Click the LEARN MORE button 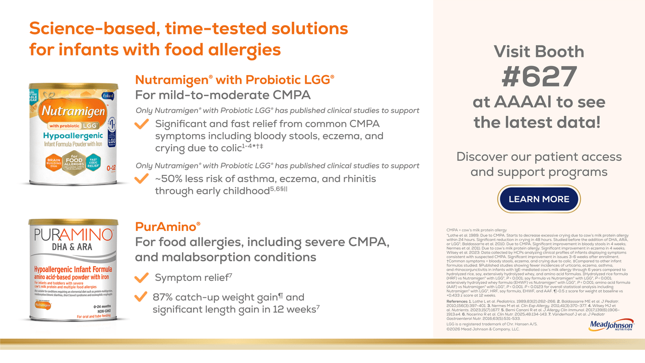(x=539, y=199)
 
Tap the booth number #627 (x=539, y=77)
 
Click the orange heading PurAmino (x=168, y=226)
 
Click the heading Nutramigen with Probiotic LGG (x=235, y=80)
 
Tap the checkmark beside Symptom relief (x=143, y=277)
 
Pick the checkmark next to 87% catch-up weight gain (x=143, y=297)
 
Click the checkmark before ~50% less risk (x=143, y=179)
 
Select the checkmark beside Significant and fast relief (x=143, y=124)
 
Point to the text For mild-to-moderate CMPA (x=223, y=95)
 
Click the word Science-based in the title (x=91, y=28)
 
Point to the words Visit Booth (x=539, y=51)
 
